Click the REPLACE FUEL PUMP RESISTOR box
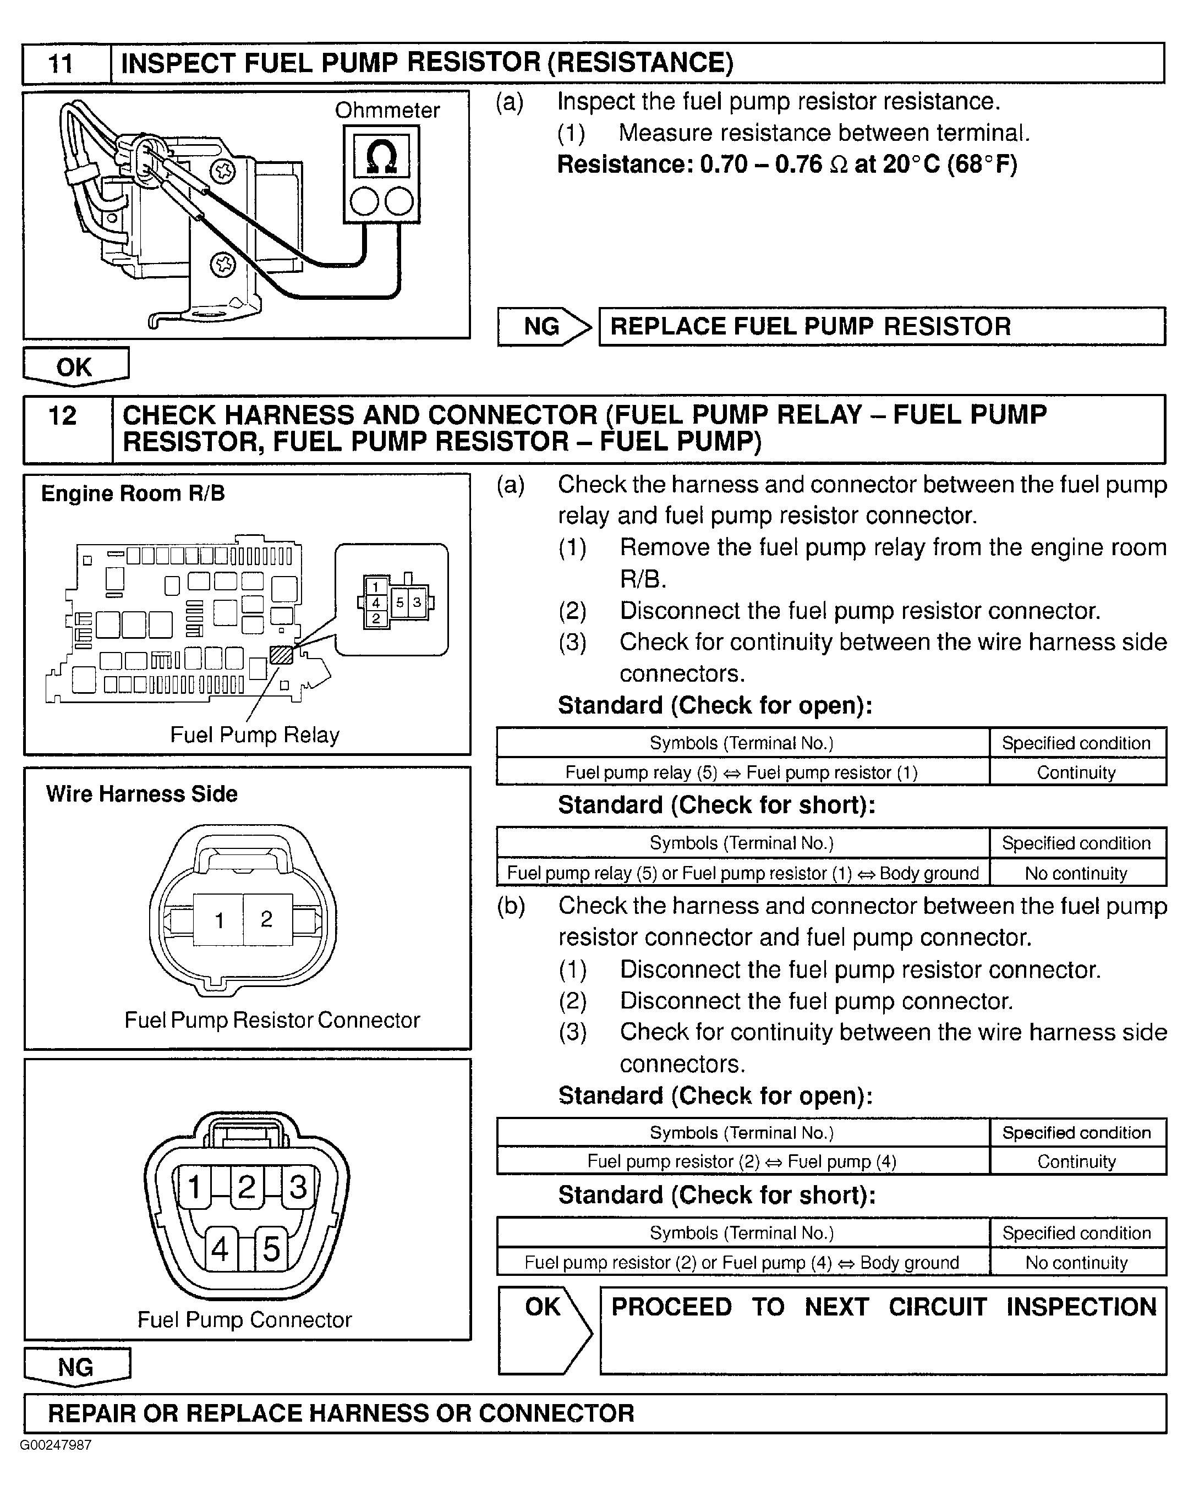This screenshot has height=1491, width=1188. [x=881, y=326]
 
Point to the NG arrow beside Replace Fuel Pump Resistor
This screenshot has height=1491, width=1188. [x=544, y=326]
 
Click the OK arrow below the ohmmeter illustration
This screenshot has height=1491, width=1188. [x=75, y=366]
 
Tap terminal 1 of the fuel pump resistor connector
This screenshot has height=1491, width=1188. [x=219, y=920]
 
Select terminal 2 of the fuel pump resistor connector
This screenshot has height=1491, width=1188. [x=267, y=918]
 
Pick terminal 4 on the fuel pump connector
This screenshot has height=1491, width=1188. [x=221, y=1249]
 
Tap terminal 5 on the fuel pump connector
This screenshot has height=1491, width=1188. [x=271, y=1249]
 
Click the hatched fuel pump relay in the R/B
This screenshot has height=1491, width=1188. [x=281, y=654]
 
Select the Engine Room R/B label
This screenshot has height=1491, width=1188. [x=133, y=493]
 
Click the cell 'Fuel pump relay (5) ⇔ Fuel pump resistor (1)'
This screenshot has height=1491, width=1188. [x=741, y=772]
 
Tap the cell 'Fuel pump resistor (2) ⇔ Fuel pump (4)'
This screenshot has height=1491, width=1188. [x=741, y=1161]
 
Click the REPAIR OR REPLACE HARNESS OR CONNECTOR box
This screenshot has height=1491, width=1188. [x=595, y=1413]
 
